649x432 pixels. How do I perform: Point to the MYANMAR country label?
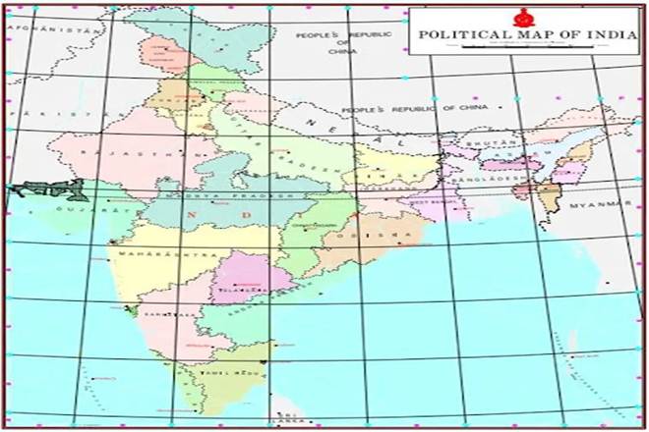point(600,204)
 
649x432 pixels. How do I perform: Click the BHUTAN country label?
point(482,142)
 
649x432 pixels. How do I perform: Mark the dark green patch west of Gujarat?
point(29,189)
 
